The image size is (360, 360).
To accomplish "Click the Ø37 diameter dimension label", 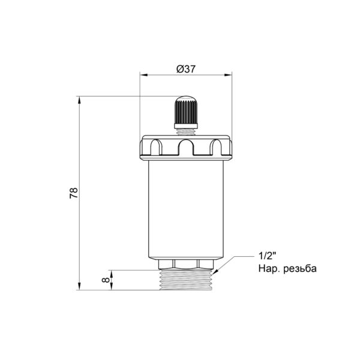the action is tap(186, 69).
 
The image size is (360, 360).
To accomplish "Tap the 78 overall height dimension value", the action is tap(74, 193).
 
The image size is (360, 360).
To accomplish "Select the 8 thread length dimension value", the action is tap(106, 280).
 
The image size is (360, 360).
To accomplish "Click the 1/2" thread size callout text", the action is tap(267, 256).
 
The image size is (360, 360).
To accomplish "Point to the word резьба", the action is tap(300, 268).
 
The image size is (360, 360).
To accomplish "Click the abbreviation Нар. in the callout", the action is tap(269, 268).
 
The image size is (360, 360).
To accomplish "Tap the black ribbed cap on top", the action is tap(186, 110).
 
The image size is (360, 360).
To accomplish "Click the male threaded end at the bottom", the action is tap(186, 280).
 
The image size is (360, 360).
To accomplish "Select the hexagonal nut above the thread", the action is tap(186, 264).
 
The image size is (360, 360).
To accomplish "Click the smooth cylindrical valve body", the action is tap(186, 209).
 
